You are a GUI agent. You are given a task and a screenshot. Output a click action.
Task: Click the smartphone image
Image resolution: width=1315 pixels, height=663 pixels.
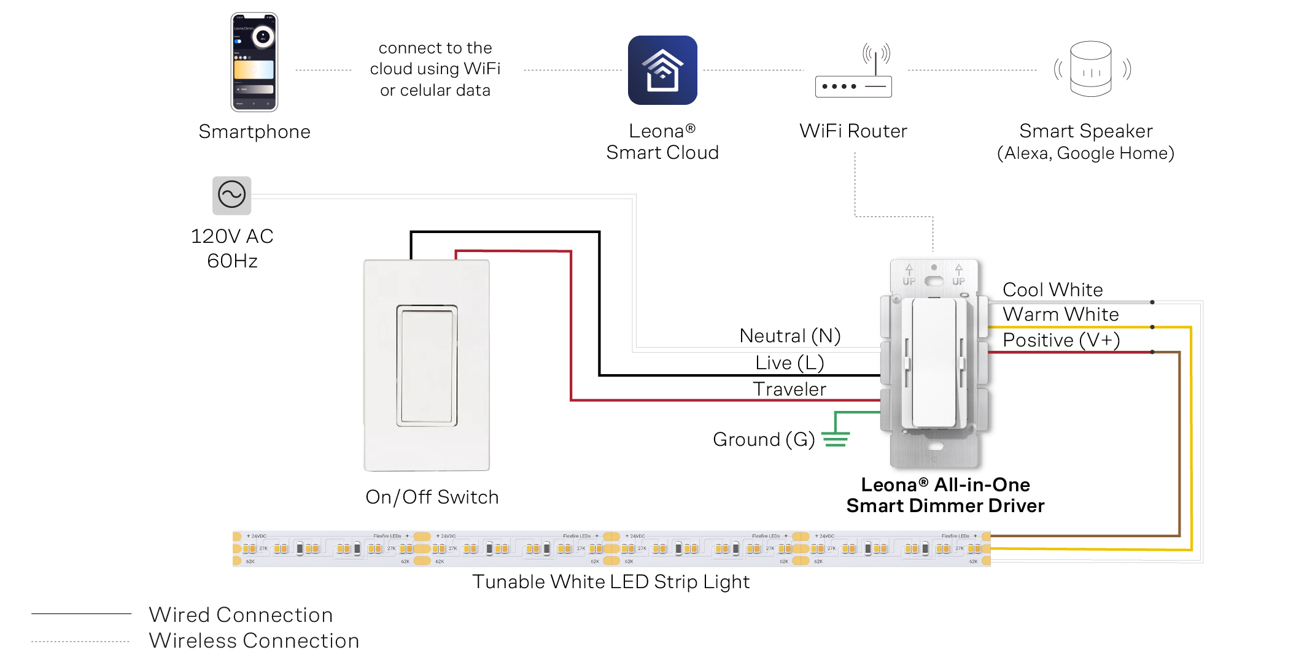pos(254,62)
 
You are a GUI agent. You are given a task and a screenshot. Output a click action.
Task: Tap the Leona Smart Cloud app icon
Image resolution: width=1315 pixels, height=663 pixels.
pos(662,70)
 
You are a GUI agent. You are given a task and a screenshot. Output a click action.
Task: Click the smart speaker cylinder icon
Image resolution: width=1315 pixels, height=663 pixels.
pos(1090,69)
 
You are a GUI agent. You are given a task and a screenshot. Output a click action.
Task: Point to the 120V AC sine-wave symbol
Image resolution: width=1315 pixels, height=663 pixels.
pos(231,196)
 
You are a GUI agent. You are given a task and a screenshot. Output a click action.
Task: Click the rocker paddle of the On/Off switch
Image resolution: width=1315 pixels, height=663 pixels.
pos(427,365)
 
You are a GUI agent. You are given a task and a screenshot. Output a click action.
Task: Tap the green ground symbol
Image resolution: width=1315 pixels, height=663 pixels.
pos(836,439)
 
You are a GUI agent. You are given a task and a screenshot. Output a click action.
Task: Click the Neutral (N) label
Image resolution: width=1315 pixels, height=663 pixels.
pos(789,335)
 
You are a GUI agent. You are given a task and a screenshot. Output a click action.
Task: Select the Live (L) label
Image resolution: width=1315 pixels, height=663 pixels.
pos(789,362)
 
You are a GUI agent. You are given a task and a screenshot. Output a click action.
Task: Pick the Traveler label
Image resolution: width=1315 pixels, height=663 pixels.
pos(789,389)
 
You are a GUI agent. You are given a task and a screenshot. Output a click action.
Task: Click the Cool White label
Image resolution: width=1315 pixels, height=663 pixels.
pos(1052,289)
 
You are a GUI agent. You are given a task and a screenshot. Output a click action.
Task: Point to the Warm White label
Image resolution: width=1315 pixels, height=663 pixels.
pos(1060,314)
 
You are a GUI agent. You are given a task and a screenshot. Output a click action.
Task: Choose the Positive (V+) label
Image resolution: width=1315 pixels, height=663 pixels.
pos(1061,340)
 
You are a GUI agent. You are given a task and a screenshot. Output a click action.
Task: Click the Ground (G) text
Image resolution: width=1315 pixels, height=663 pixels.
pos(763,439)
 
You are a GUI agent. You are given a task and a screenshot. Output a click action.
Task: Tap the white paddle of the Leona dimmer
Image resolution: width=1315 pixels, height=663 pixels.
pos(934,362)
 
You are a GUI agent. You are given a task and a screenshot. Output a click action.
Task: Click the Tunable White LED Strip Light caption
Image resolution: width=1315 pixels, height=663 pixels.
pos(611,581)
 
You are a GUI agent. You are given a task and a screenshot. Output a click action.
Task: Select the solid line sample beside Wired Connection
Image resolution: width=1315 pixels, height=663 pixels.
pos(81,613)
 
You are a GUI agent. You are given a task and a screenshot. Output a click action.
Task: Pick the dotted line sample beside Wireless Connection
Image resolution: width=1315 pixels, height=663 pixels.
pos(81,641)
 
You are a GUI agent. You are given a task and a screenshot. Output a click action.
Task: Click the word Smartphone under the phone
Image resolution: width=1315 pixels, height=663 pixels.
pos(254,132)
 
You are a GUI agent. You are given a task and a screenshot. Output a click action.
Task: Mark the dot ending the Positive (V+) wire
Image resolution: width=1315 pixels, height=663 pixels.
pos(1152,352)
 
